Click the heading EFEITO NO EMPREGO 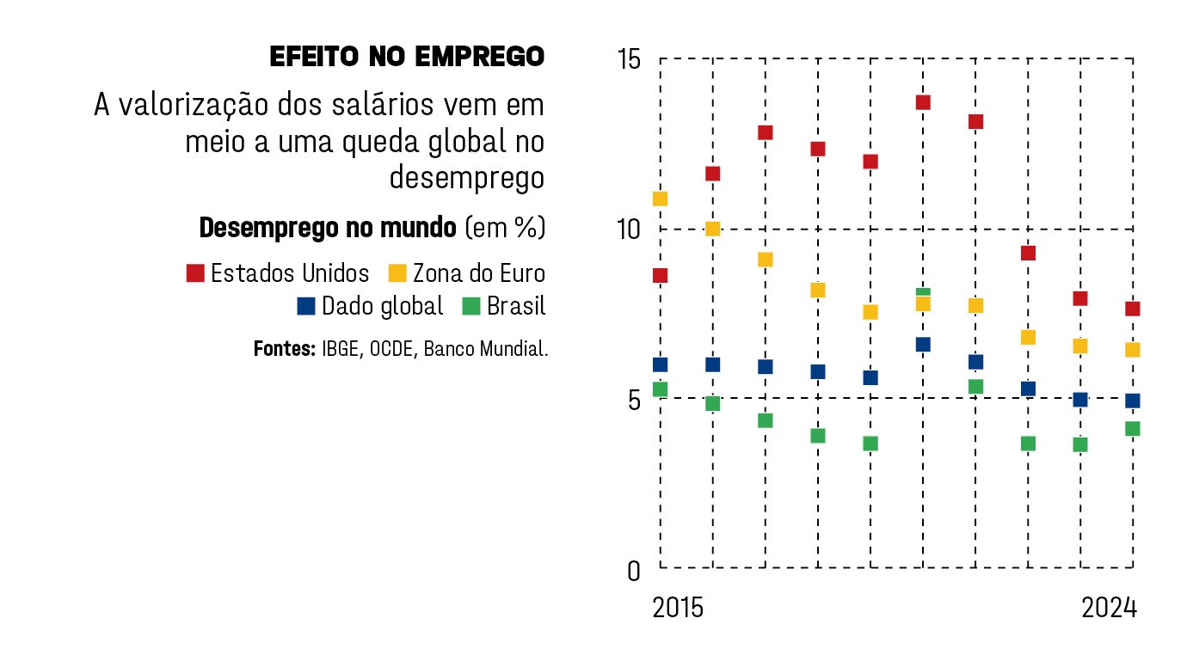(407, 57)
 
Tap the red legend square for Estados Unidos (195, 273)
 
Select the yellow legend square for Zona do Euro (397, 273)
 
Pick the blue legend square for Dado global (305, 306)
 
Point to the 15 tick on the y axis (629, 60)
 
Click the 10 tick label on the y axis (629, 230)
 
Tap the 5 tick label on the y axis (634, 400)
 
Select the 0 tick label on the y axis (634, 570)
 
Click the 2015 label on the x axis (678, 608)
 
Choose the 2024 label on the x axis (1109, 608)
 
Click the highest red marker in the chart (923, 102)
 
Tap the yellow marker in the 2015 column (661, 199)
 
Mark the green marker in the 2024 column (1132, 429)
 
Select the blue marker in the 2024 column (1132, 401)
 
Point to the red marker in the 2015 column (661, 275)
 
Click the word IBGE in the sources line (341, 350)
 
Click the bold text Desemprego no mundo (328, 228)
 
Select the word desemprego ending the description (467, 178)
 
